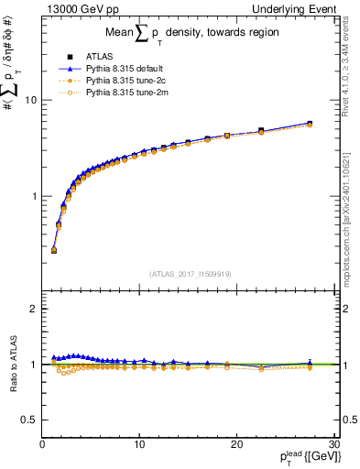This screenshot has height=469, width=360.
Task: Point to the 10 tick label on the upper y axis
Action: point(30,99)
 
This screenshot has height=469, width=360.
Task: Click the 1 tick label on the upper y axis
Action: point(33,196)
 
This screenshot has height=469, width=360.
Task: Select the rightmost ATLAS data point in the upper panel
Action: point(310,124)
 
